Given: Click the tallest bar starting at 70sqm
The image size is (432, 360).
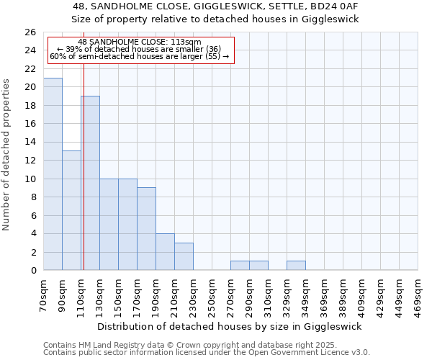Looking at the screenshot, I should click(53, 174).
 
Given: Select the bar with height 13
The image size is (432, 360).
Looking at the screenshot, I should click(71, 210).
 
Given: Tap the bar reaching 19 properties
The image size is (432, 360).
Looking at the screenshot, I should click(91, 183).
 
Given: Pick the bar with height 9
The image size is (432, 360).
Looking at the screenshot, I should click(146, 228).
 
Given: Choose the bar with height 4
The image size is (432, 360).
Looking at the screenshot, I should click(165, 251).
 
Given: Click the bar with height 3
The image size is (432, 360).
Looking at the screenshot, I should click(184, 256).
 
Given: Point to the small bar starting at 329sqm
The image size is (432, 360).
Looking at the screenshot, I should click(296, 265).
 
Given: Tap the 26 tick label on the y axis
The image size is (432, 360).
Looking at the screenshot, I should click(30, 32).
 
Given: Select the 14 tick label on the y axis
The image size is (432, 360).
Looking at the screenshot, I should click(30, 143).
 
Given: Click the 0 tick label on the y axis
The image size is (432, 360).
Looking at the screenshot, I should click(32, 271).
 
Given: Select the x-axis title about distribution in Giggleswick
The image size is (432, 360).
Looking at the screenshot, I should click(230, 326).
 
